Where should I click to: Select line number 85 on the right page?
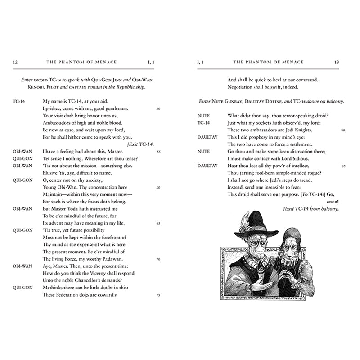point(343,166)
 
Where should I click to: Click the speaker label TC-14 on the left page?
point(19,101)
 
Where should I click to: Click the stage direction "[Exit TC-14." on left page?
point(141,144)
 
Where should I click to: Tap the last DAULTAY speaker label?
point(207,166)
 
